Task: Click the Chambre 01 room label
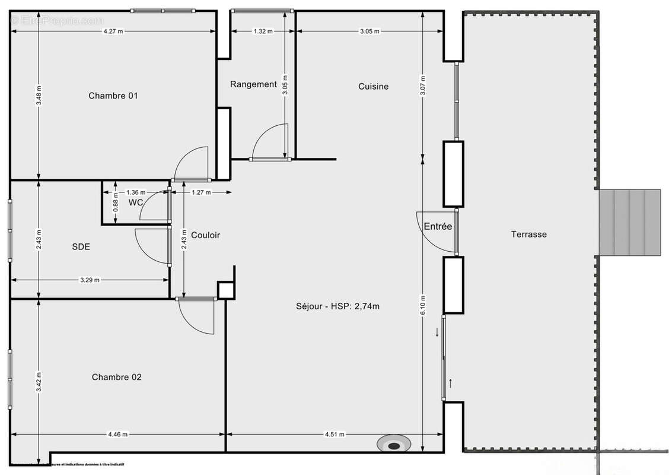[x=113, y=96]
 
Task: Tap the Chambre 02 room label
[x=116, y=377]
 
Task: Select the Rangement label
[x=253, y=84]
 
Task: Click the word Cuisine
[x=373, y=87]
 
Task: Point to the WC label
[x=136, y=203]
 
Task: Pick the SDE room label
[x=81, y=246]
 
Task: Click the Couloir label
[x=205, y=235]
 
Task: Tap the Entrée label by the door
[x=438, y=226]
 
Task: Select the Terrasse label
[x=528, y=235]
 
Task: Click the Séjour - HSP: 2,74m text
[x=337, y=306]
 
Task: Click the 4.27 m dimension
[x=113, y=31]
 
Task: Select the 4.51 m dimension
[x=334, y=435]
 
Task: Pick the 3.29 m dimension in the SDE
[x=89, y=280]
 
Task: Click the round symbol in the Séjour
[x=394, y=443]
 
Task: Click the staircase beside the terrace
[x=629, y=222]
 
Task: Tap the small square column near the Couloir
[x=225, y=290]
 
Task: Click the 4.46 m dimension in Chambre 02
[x=117, y=435]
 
